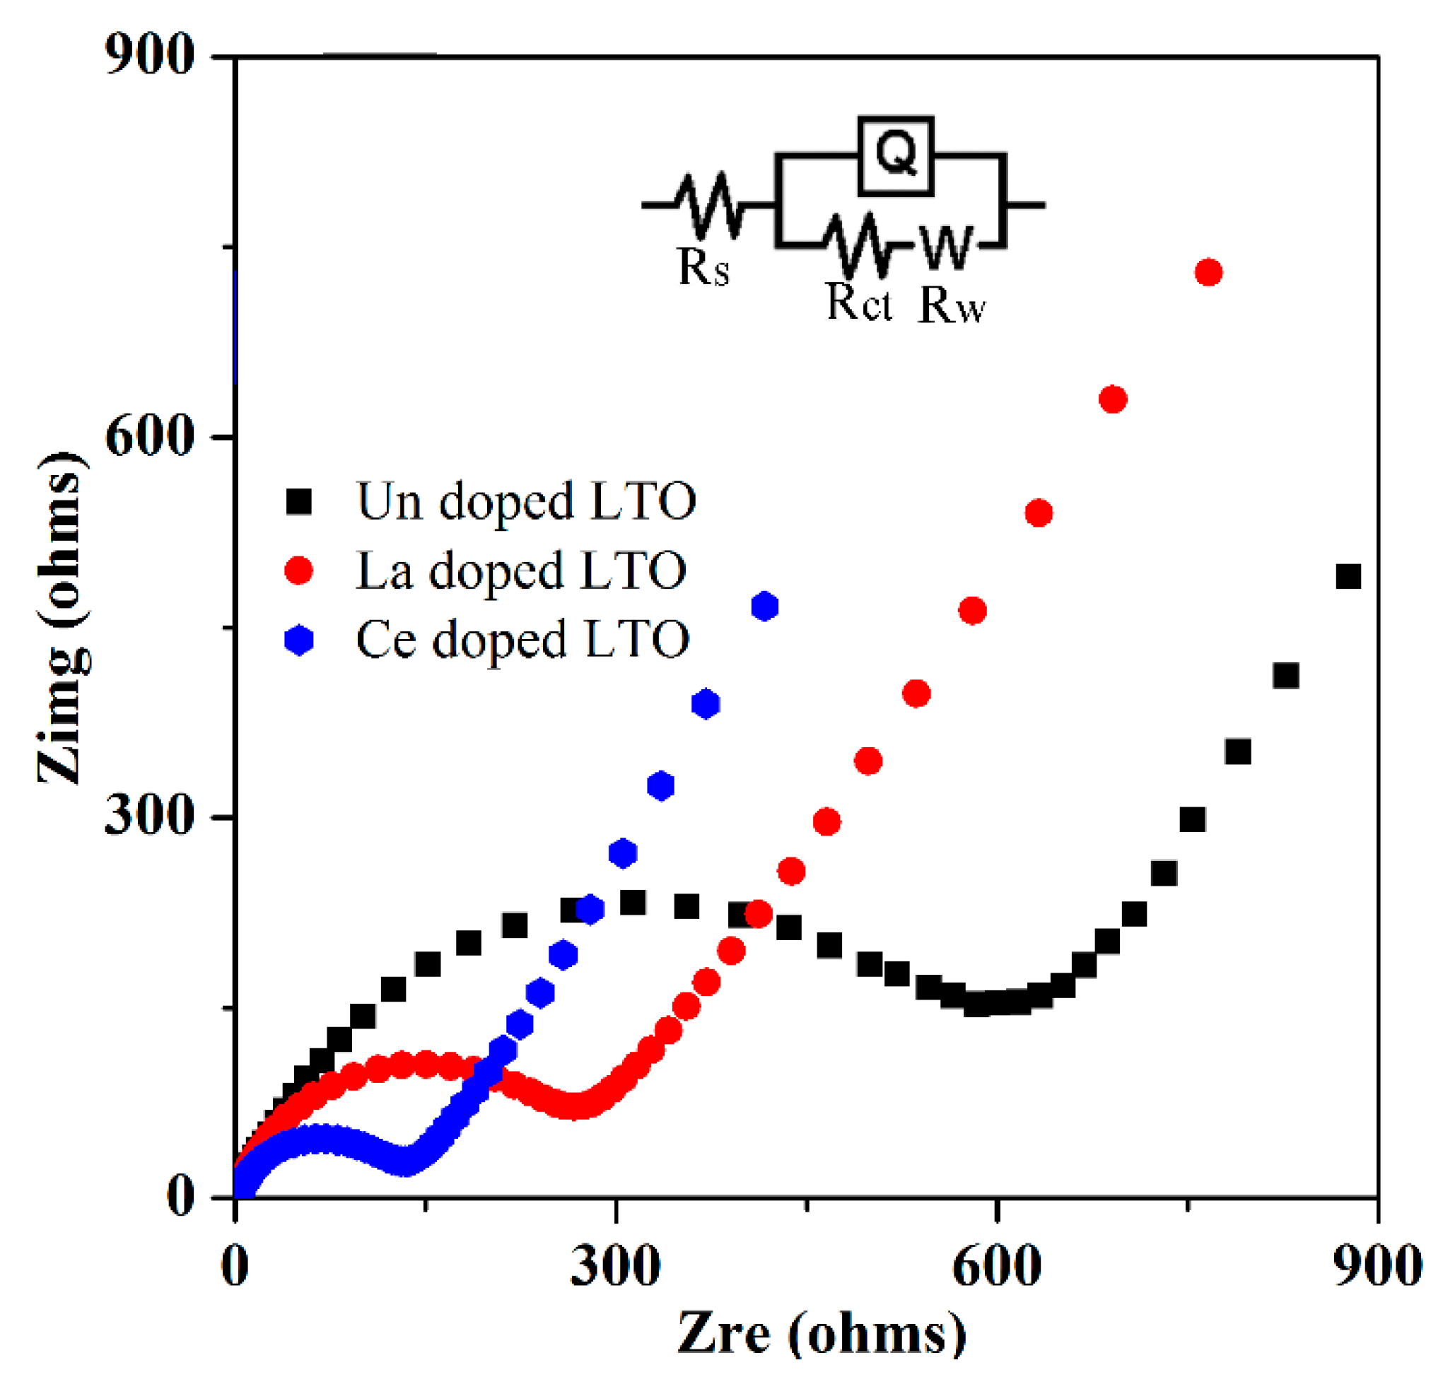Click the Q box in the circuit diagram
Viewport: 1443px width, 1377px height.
(896, 155)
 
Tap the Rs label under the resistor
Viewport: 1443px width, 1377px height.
(703, 267)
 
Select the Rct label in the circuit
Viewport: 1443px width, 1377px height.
(858, 302)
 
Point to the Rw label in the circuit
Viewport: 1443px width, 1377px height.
(951, 304)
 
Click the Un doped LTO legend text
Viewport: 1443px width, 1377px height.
(525, 502)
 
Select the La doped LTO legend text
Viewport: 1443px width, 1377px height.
(520, 571)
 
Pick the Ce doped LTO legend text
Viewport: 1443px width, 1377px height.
(522, 639)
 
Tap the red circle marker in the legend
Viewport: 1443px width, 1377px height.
(299, 570)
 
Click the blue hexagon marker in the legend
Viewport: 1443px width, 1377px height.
(299, 639)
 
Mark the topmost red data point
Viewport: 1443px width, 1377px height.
(1208, 272)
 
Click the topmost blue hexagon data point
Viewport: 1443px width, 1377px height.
(765, 607)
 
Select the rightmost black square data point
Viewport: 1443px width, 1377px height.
(1348, 576)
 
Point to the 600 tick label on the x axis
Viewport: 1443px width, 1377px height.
(996, 1267)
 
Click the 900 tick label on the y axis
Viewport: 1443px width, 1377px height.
(149, 55)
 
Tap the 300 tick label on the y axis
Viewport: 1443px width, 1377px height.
(149, 816)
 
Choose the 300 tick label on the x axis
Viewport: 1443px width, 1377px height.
(615, 1267)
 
